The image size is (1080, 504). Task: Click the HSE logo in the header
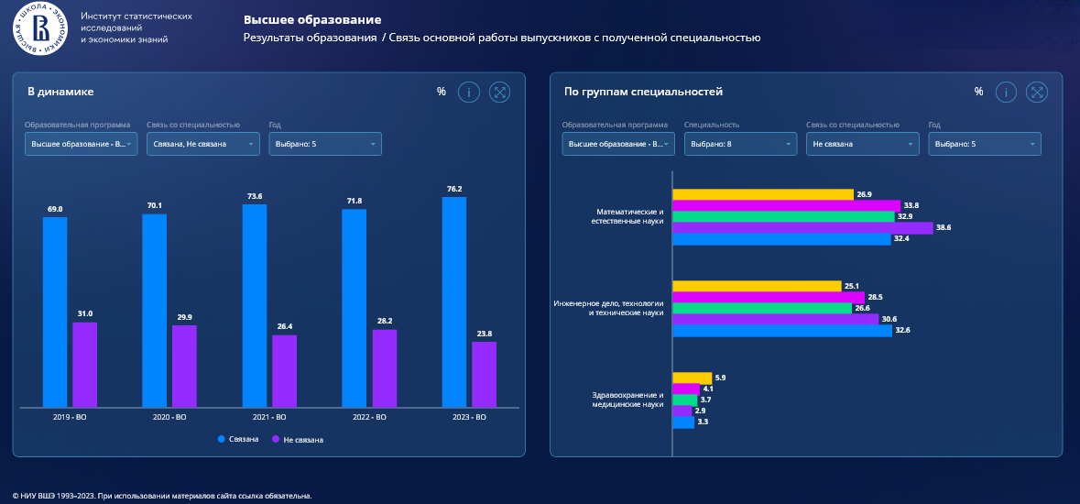(x=40, y=27)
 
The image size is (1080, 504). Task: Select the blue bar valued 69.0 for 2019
(x=55, y=312)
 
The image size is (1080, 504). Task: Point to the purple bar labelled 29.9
(x=184, y=366)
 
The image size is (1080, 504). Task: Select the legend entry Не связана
(x=299, y=440)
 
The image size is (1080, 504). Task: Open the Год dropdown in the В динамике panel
(x=325, y=144)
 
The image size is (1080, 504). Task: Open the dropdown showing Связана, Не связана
(x=203, y=144)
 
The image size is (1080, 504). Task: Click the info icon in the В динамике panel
(x=469, y=92)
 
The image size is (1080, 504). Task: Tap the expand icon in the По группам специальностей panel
(x=1036, y=92)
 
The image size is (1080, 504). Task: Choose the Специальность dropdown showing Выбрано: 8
(x=740, y=144)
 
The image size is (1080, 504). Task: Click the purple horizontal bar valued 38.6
(x=802, y=228)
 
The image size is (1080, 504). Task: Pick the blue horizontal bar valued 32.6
(x=782, y=331)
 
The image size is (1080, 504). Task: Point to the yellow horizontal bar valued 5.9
(x=692, y=378)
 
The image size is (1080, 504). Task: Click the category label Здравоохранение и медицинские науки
(x=627, y=400)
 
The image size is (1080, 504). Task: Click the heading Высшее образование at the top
(x=312, y=19)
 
